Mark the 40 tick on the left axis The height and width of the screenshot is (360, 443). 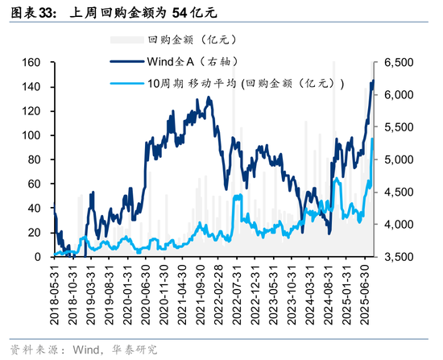tap(35, 208)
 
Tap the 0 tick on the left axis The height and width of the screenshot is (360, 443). tap(38, 257)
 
